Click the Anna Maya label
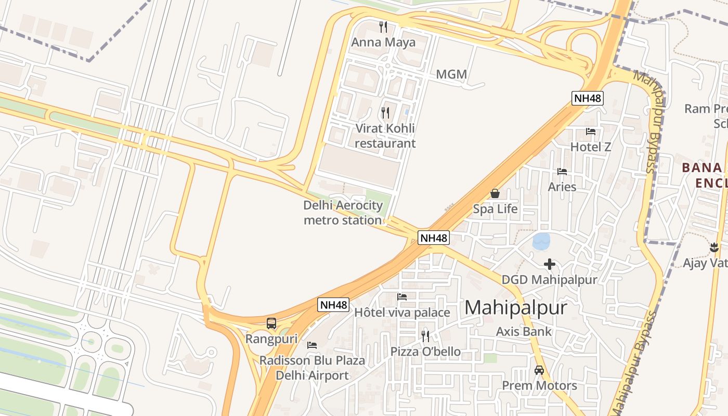(384, 42)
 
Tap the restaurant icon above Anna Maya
(384, 27)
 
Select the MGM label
(451, 74)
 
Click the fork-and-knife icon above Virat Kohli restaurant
(385, 112)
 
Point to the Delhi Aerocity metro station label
(343, 213)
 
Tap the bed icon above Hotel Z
(591, 132)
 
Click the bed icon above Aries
(562, 172)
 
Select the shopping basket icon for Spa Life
(495, 193)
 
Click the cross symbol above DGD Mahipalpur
(549, 264)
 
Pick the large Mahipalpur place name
(515, 307)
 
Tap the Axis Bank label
(524, 331)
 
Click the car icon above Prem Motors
(539, 370)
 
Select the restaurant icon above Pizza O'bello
(425, 336)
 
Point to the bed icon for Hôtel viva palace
(402, 297)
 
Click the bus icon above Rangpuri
(271, 323)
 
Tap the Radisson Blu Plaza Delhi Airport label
(312, 368)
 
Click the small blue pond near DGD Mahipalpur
(541, 241)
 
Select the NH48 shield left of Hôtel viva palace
(333, 305)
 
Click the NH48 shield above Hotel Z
(588, 98)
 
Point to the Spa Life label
(495, 209)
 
